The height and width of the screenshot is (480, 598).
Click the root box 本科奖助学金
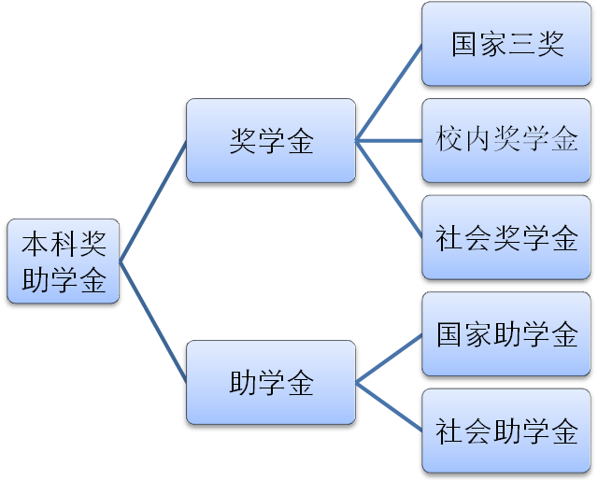pyautogui.click(x=64, y=261)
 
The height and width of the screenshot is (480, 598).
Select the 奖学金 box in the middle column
pyautogui.click(x=271, y=140)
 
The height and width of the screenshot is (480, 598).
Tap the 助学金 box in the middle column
pyautogui.click(x=271, y=382)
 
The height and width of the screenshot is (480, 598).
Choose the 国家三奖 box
pyautogui.click(x=507, y=44)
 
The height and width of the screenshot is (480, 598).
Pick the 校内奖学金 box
pyautogui.click(x=507, y=140)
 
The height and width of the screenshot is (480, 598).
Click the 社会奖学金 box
pyautogui.click(x=507, y=237)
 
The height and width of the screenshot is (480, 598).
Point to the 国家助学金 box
pyautogui.click(x=507, y=334)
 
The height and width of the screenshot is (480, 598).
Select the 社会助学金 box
pyautogui.click(x=507, y=431)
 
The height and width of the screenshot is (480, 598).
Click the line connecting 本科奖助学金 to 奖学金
pyautogui.click(x=153, y=201)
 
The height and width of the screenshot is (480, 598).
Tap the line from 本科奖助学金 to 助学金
pyautogui.click(x=153, y=322)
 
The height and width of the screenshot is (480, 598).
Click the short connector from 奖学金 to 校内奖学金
pyautogui.click(x=389, y=141)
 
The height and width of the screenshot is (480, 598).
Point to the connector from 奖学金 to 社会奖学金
pyautogui.click(x=389, y=189)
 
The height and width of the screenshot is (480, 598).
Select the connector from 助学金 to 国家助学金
pyautogui.click(x=389, y=359)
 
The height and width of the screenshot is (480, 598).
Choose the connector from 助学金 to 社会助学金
pyautogui.click(x=389, y=406)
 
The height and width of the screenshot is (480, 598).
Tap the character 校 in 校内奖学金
pyautogui.click(x=450, y=141)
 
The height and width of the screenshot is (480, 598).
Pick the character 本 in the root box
pyautogui.click(x=36, y=245)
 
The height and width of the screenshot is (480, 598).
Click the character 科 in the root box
pyautogui.click(x=64, y=245)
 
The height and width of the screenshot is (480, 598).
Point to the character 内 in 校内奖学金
pyautogui.click(x=478, y=141)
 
